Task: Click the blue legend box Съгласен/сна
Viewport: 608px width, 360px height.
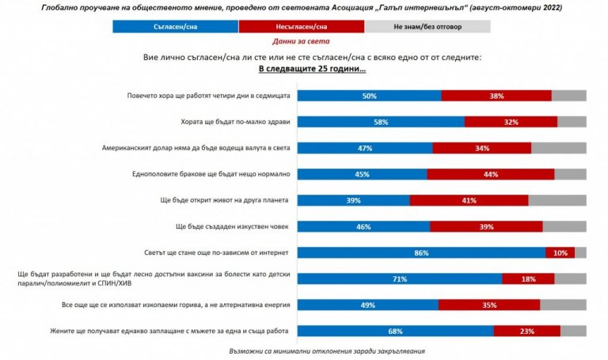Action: [x=176, y=26]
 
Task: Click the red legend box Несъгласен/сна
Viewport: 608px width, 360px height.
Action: [x=301, y=26]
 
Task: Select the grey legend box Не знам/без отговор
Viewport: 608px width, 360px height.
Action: [x=427, y=26]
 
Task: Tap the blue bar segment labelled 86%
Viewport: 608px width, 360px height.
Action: [x=421, y=253]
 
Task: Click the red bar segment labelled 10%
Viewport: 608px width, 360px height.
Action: [x=560, y=253]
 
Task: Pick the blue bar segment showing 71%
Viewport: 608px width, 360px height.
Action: [x=399, y=279]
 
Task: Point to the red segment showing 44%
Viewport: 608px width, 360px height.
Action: [x=490, y=174]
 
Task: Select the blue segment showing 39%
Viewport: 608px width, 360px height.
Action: [x=353, y=200]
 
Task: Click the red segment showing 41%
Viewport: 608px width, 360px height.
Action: [x=469, y=200]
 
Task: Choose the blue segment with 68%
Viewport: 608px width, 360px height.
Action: [x=394, y=331]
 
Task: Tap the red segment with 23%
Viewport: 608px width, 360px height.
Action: [x=526, y=331]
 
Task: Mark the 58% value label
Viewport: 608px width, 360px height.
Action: [x=381, y=122]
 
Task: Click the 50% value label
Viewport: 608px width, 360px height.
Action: [x=369, y=96]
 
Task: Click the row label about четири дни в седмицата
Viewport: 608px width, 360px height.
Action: [x=209, y=96]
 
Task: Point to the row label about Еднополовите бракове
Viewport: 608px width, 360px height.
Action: [x=215, y=174]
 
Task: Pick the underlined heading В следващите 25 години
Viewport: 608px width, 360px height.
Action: [x=304, y=69]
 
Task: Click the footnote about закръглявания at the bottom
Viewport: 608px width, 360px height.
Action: [x=304, y=349]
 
